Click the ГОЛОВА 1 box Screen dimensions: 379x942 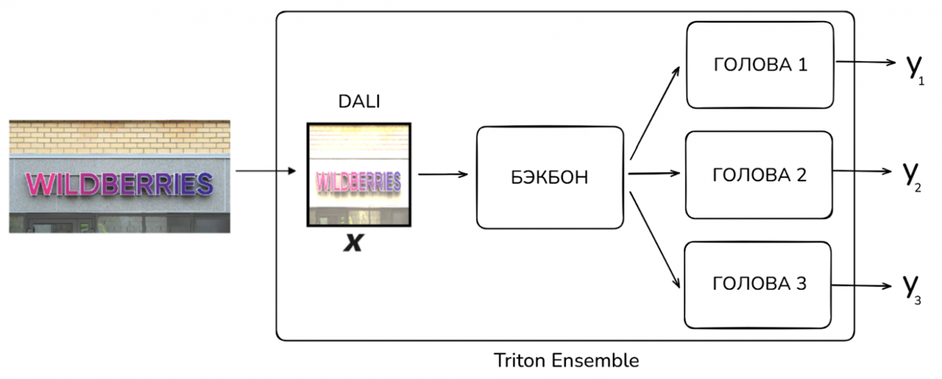pyautogui.click(x=760, y=65)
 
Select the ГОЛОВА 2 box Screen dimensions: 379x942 pyautogui.click(x=758, y=175)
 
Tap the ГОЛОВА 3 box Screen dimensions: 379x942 pyautogui.click(x=757, y=285)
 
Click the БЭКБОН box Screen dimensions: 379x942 pyautogui.click(x=549, y=178)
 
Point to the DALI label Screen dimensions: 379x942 pyautogui.click(x=359, y=102)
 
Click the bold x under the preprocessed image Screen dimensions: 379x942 pyautogui.click(x=353, y=243)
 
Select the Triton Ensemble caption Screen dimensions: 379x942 pyautogui.click(x=566, y=361)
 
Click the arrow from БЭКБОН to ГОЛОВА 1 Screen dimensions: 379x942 pyautogui.click(x=654, y=112)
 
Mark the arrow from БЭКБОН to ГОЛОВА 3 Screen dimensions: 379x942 pyautogui.click(x=655, y=239)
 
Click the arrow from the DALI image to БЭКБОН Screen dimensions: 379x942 pyautogui.click(x=443, y=175)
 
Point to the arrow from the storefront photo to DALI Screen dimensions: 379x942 pyautogui.click(x=266, y=171)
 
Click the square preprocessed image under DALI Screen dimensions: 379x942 pyautogui.click(x=359, y=175)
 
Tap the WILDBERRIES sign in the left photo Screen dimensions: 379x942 pyautogui.click(x=119, y=184)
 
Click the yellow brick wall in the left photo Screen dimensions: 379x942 pyautogui.click(x=119, y=136)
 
